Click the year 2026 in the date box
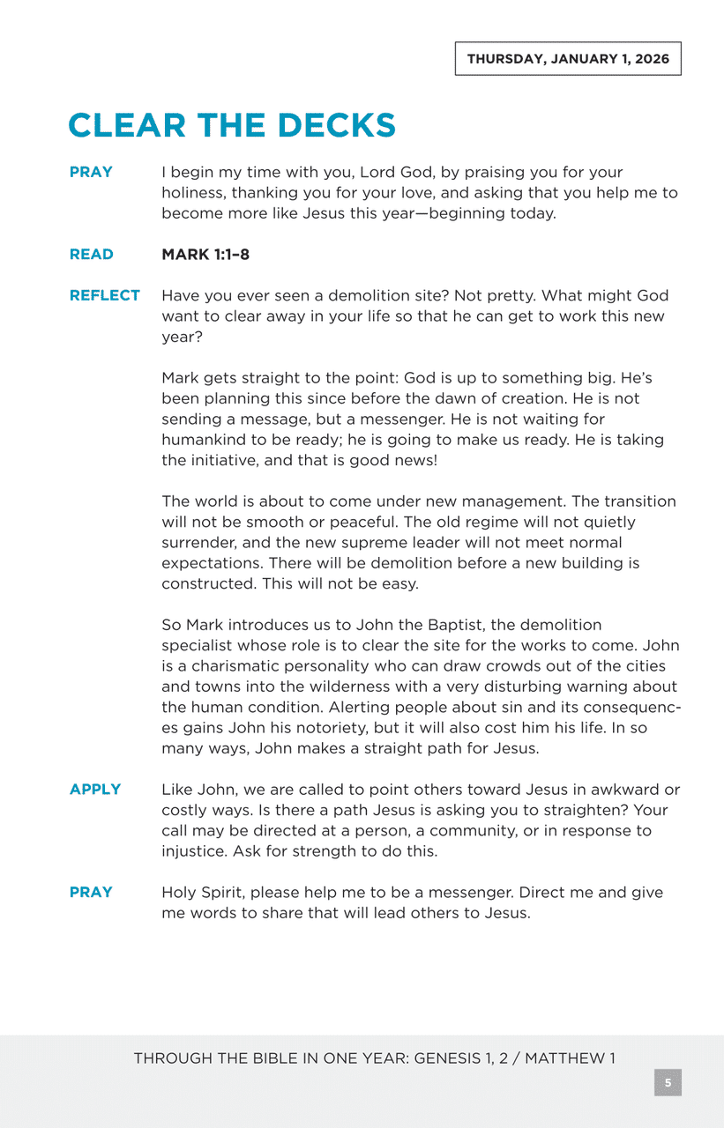tap(652, 59)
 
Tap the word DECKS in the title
tap(335, 125)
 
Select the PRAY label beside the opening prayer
tap(91, 172)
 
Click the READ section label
tap(91, 255)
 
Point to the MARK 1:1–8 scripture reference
tap(205, 255)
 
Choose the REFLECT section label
tap(104, 296)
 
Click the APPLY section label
tap(95, 790)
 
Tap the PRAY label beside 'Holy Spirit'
tap(91, 893)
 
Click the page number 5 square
tap(668, 1082)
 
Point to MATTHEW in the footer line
tap(560, 1058)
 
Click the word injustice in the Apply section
tap(193, 851)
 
